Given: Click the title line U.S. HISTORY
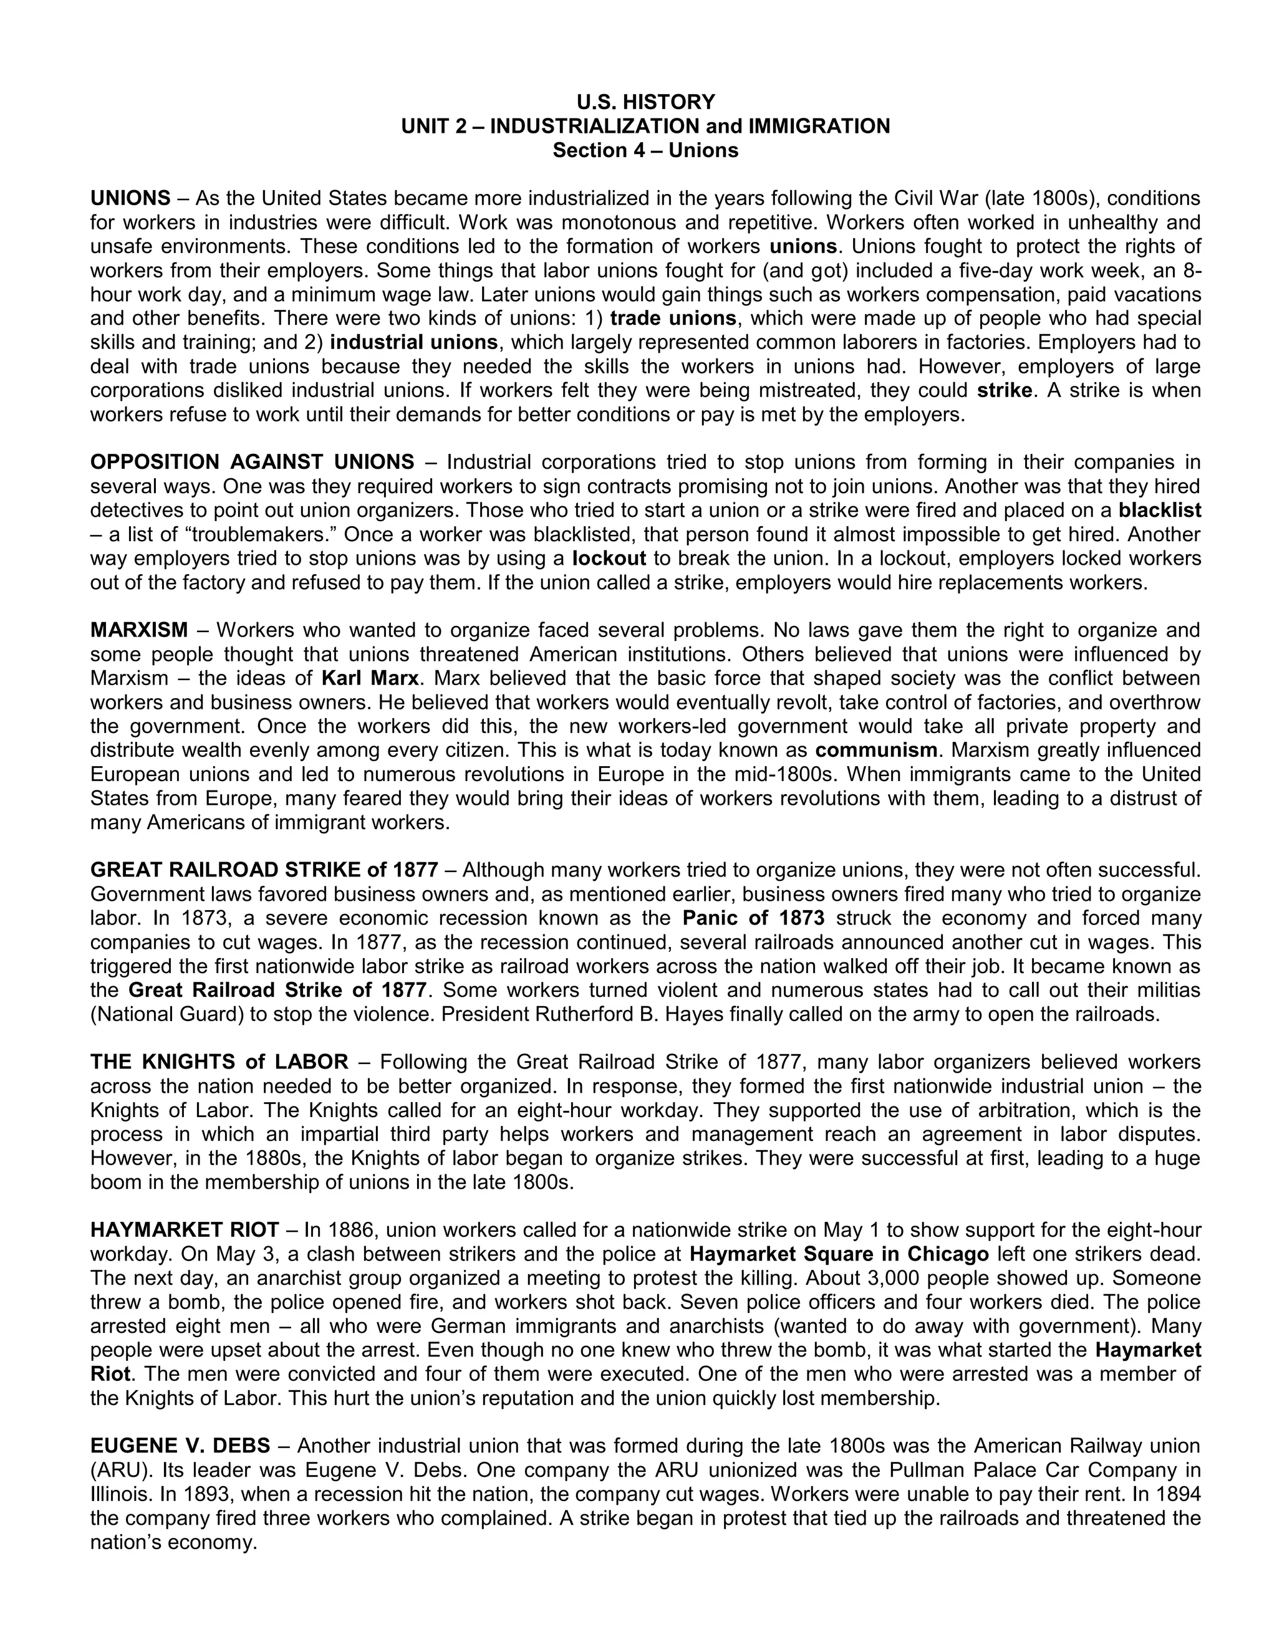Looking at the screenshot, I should click(x=645, y=102).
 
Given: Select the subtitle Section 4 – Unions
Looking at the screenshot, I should click(x=645, y=150).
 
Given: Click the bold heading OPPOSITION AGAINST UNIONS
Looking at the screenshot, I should click(x=252, y=461).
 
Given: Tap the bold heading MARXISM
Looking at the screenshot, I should click(x=139, y=630).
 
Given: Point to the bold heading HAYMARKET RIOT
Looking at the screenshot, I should click(x=185, y=1230).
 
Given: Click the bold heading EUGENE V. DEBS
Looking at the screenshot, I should click(x=180, y=1446).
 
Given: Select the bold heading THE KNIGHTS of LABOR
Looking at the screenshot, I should click(x=219, y=1062).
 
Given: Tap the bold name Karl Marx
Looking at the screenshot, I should click(x=370, y=678).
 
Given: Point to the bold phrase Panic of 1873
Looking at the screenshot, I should click(x=753, y=918).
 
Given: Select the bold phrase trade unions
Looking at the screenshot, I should click(x=673, y=318).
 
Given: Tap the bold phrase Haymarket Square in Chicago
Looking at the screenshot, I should click(x=839, y=1254).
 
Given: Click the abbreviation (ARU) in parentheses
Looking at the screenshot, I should click(x=114, y=1470).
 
